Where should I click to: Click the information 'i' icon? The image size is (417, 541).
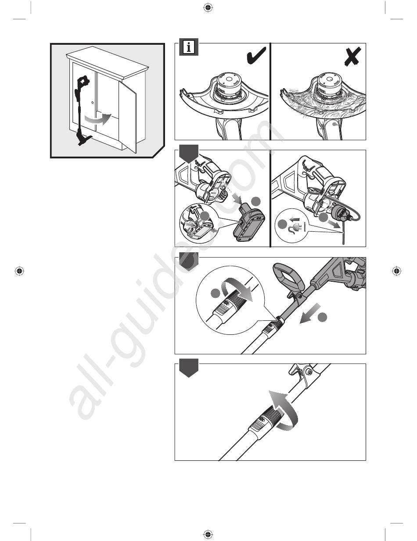(x=189, y=47)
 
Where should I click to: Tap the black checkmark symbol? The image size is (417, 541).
(x=256, y=56)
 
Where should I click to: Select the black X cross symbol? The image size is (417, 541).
(x=352, y=57)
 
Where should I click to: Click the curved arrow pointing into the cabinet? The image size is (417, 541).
(x=97, y=118)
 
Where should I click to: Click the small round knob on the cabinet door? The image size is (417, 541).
(x=92, y=102)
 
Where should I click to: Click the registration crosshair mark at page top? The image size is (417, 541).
(x=208, y=8)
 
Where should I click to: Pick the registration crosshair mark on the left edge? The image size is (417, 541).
(x=19, y=271)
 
